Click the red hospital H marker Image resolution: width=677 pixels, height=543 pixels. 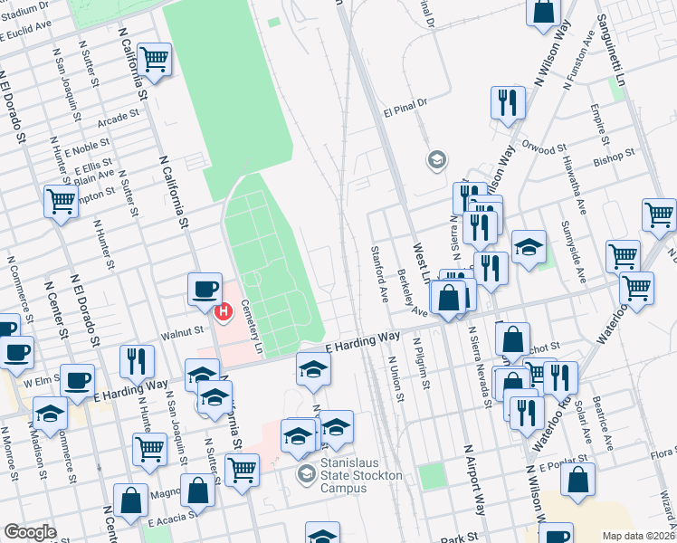(x=223, y=311)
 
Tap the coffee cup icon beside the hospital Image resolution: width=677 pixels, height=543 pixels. (x=204, y=289)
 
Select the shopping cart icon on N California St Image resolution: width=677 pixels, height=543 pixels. (x=155, y=60)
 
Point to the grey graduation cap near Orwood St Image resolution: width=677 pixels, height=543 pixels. (x=436, y=161)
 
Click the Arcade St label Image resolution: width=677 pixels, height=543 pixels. (x=121, y=117)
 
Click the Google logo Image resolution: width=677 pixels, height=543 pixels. (x=30, y=532)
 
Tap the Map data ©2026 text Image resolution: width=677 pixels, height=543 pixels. (x=638, y=536)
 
